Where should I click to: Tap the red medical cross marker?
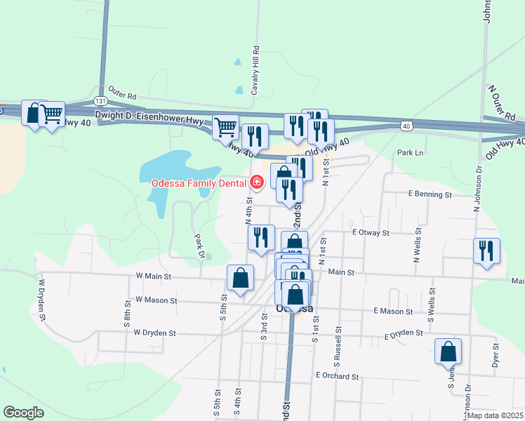[x=257, y=183]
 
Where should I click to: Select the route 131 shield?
[x=101, y=100]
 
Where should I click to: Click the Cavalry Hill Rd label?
[x=256, y=71]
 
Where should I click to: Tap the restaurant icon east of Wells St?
[x=486, y=252]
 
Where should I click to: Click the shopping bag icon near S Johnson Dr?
[x=448, y=352]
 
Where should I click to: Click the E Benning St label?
[x=429, y=194]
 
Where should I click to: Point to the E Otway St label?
[x=369, y=232]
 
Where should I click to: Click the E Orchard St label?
[x=337, y=376]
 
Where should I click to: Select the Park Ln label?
[x=411, y=152]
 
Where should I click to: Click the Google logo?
[x=23, y=413]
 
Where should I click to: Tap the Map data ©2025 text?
[x=495, y=415]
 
